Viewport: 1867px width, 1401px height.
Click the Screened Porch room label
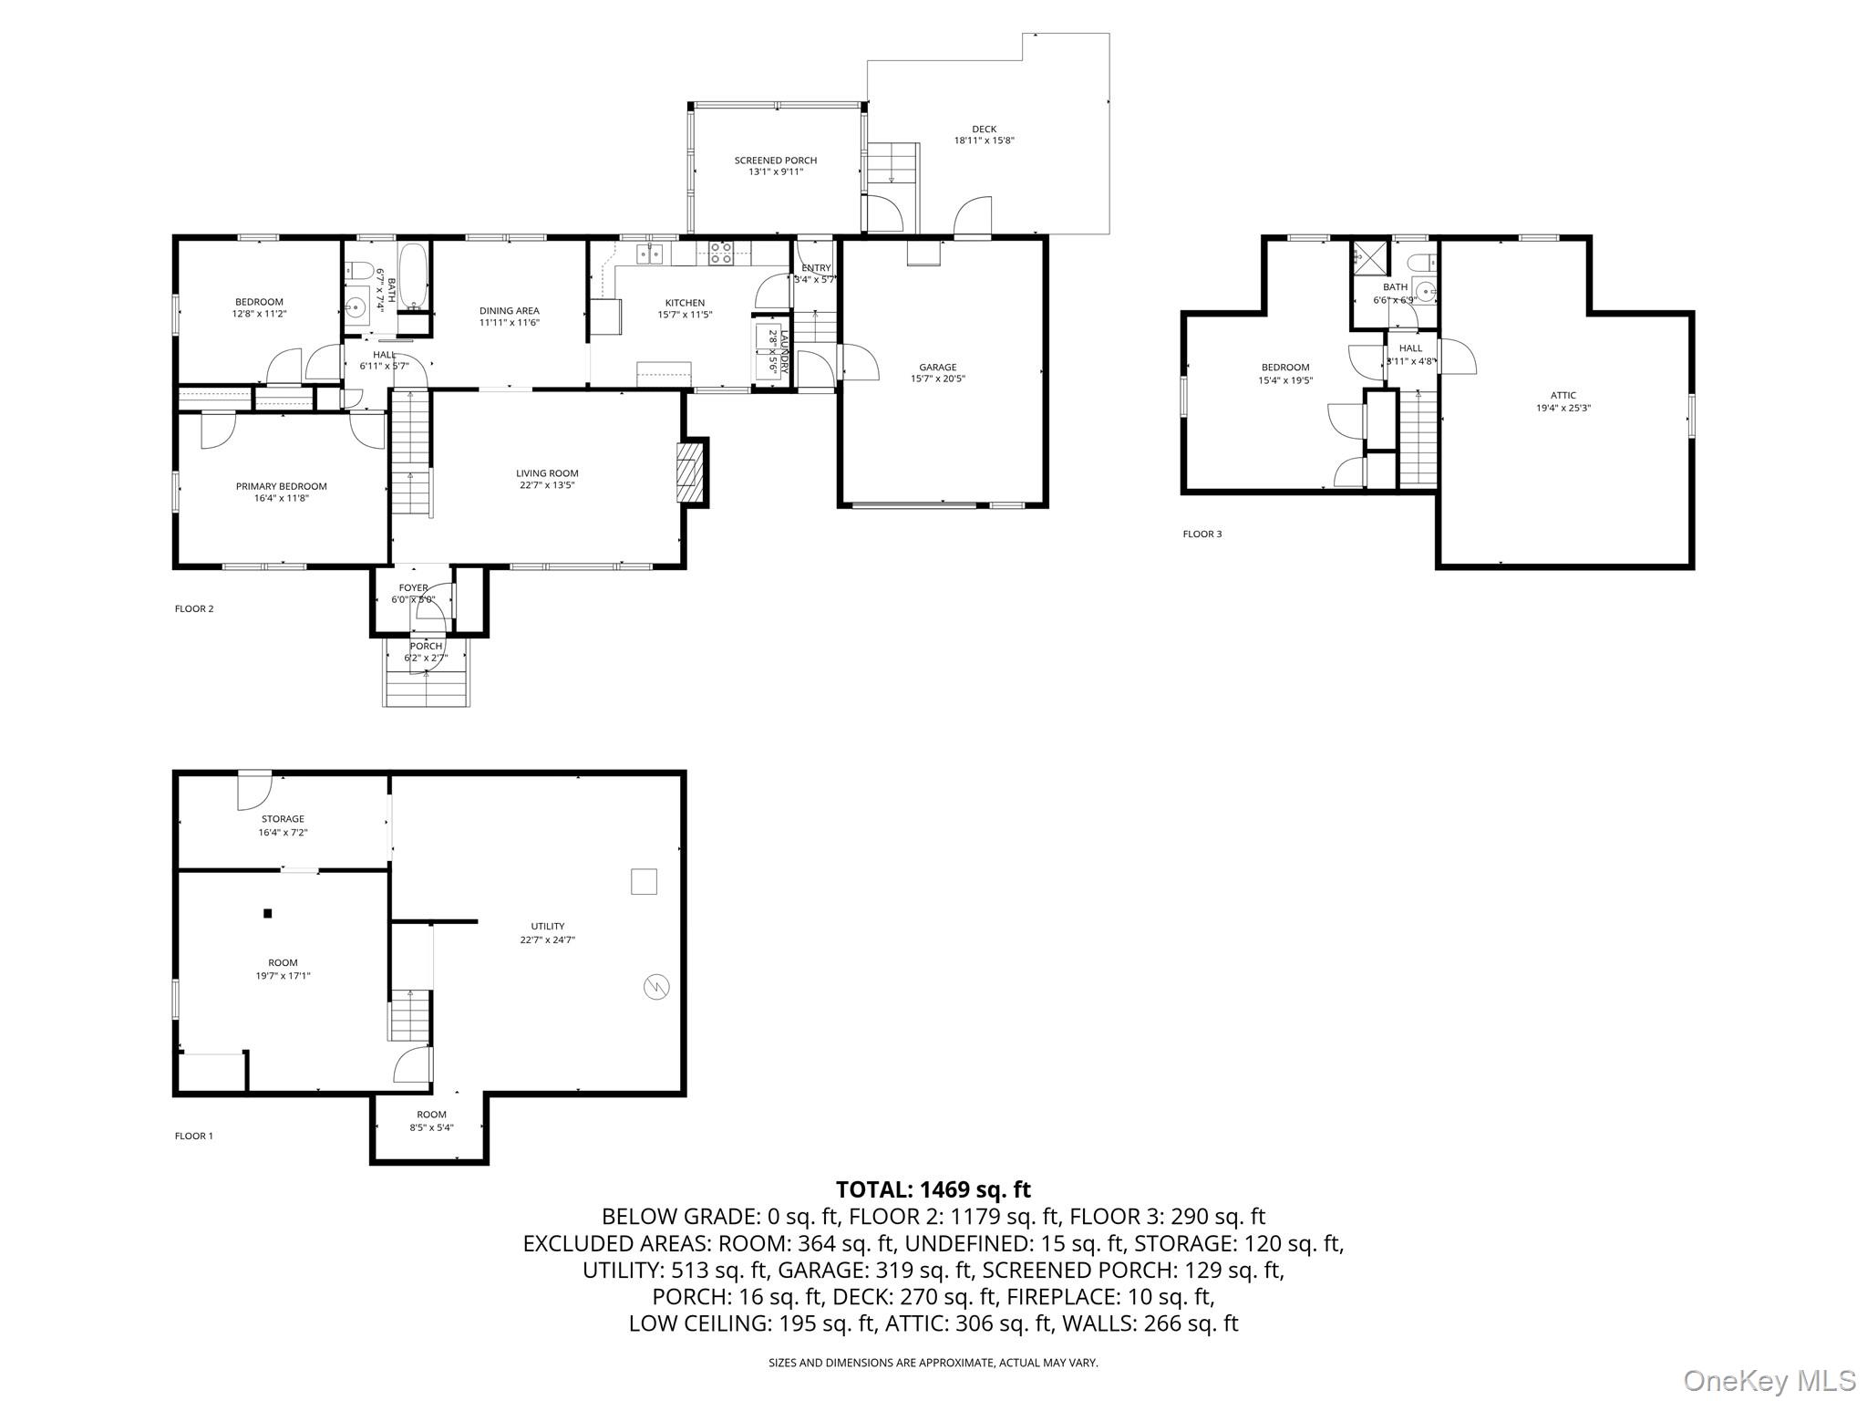point(776,161)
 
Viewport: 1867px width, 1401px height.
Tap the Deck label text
point(984,130)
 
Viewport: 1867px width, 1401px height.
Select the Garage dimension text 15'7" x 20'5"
point(937,379)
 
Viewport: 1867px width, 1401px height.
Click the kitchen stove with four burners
point(721,253)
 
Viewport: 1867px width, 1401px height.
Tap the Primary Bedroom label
point(281,486)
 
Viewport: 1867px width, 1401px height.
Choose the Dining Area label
point(510,311)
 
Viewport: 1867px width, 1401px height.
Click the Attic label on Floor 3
point(1563,396)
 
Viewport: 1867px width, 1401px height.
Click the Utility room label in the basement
point(548,927)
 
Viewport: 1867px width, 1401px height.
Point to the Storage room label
point(283,819)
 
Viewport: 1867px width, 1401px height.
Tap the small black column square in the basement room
point(267,913)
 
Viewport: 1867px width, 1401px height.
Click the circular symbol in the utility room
point(655,986)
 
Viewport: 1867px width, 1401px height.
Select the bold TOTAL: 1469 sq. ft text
point(933,1189)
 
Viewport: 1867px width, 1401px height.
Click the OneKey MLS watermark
point(1769,1380)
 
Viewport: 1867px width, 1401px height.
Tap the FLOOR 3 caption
point(1202,534)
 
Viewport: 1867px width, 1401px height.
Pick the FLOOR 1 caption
point(193,1136)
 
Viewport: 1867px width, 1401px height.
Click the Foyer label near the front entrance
point(413,588)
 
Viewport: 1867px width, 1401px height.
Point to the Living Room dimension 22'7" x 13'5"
point(547,485)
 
